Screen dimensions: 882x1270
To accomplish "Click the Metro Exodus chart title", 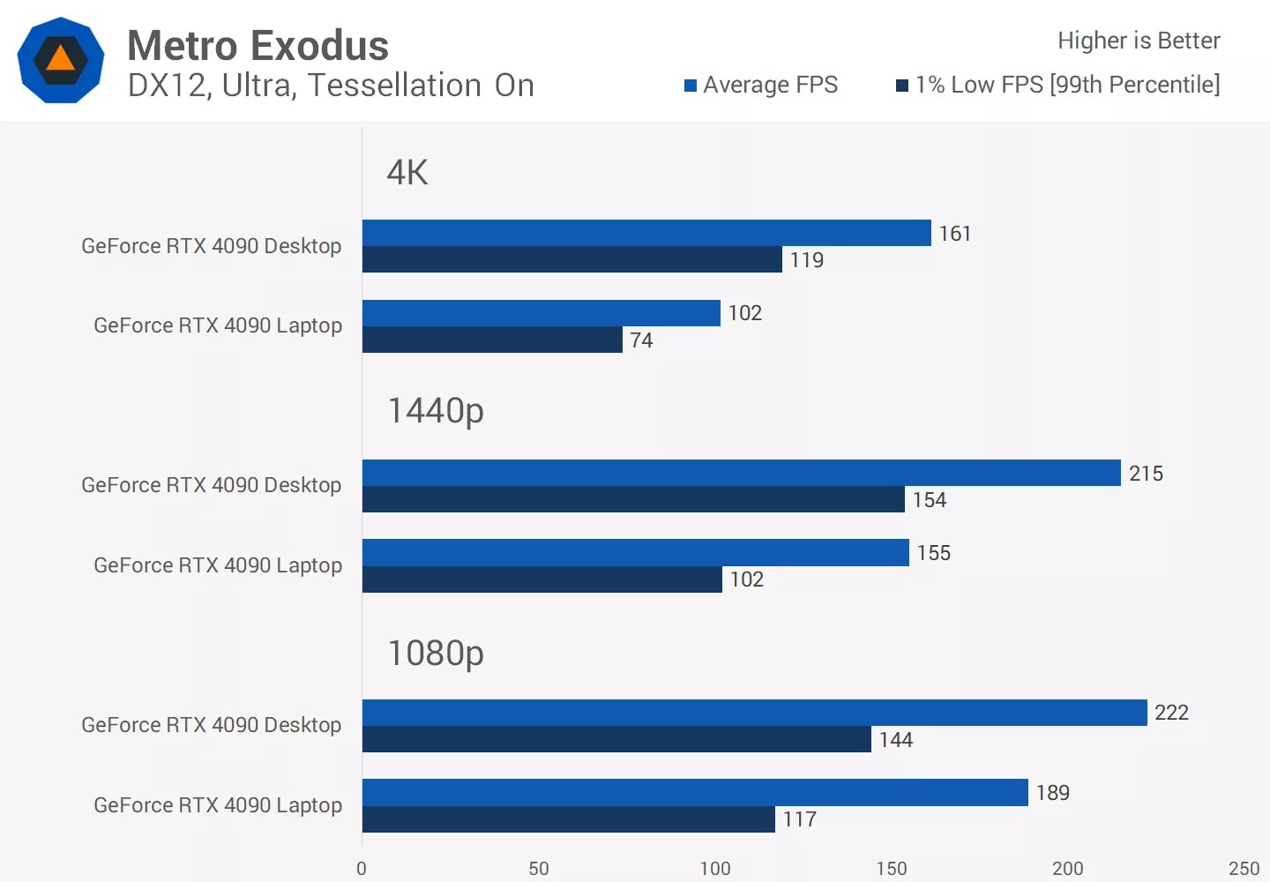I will pyautogui.click(x=258, y=46).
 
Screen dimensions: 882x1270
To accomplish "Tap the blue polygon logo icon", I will pyautogui.click(x=60, y=60).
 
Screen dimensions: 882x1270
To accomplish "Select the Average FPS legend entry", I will pyautogui.click(x=761, y=85).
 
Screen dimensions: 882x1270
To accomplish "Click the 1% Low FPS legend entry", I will pyautogui.click(x=1058, y=85).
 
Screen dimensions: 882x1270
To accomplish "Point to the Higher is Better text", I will pyautogui.click(x=1139, y=41).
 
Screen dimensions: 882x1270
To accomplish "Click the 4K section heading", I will pyautogui.click(x=407, y=172).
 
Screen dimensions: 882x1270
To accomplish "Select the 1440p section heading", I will pyautogui.click(x=436, y=410).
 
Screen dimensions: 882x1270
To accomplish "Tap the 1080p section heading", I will pyautogui.click(x=436, y=654).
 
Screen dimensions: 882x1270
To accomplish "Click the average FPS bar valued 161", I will pyautogui.click(x=646, y=233).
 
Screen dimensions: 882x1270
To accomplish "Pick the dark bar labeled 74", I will pyautogui.click(x=492, y=340).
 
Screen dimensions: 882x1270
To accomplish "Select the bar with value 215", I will pyautogui.click(x=741, y=473).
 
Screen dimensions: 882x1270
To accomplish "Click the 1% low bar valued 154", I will pyautogui.click(x=633, y=499).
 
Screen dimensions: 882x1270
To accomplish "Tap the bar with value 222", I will pyautogui.click(x=754, y=713).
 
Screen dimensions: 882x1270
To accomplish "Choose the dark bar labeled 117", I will pyautogui.click(x=569, y=819).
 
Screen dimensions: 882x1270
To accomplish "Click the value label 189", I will pyautogui.click(x=1053, y=793).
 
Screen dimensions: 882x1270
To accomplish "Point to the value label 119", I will pyautogui.click(x=806, y=260).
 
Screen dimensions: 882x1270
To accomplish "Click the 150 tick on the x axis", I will pyautogui.click(x=891, y=869).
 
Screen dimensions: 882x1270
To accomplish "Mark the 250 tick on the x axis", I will pyautogui.click(x=1244, y=869).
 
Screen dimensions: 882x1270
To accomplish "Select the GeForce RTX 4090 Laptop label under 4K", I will pyautogui.click(x=218, y=325).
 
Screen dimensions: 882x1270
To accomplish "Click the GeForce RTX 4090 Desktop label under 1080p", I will pyautogui.click(x=211, y=725).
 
